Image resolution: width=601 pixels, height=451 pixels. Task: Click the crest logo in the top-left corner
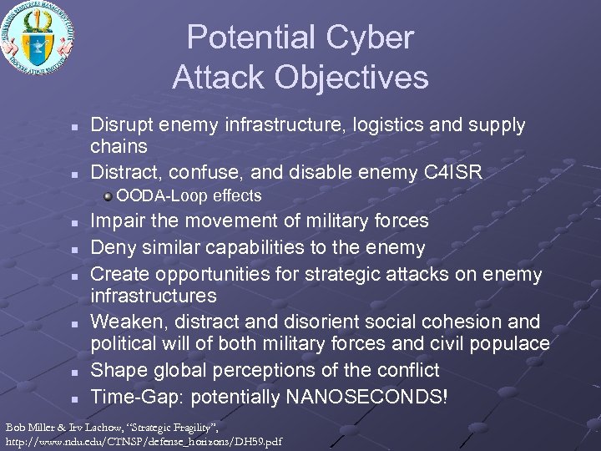click(x=38, y=38)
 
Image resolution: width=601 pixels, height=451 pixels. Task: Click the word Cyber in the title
click(x=371, y=38)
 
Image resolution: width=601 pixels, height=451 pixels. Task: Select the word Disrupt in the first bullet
click(x=119, y=125)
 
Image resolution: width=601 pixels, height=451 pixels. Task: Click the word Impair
click(x=116, y=220)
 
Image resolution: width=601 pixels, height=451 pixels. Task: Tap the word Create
click(x=118, y=274)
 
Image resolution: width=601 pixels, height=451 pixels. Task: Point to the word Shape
click(x=116, y=370)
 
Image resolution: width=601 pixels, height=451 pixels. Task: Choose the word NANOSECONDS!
click(x=366, y=396)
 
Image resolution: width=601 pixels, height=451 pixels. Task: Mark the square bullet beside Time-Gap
click(x=74, y=397)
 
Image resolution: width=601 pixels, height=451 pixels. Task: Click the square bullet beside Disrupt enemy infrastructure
click(x=74, y=127)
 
